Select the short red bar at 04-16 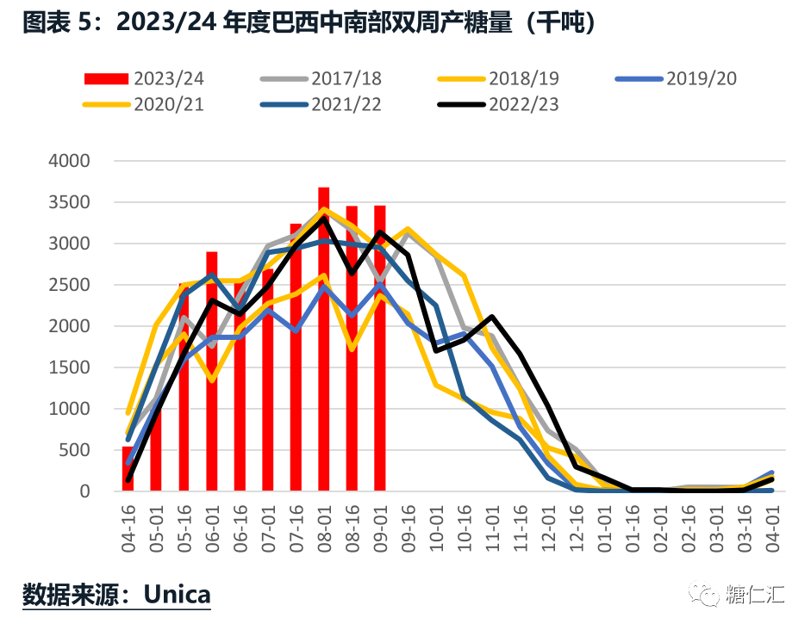(x=128, y=469)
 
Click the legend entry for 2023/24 (x=144, y=79)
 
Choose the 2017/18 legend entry (x=321, y=79)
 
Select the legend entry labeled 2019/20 (x=677, y=79)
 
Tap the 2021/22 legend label (x=321, y=105)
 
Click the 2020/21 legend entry (x=144, y=105)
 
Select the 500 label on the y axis (x=97, y=450)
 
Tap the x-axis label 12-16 (x=575, y=528)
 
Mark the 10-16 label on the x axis (x=464, y=528)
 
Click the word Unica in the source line (x=177, y=594)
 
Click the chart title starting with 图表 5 (x=310, y=22)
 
